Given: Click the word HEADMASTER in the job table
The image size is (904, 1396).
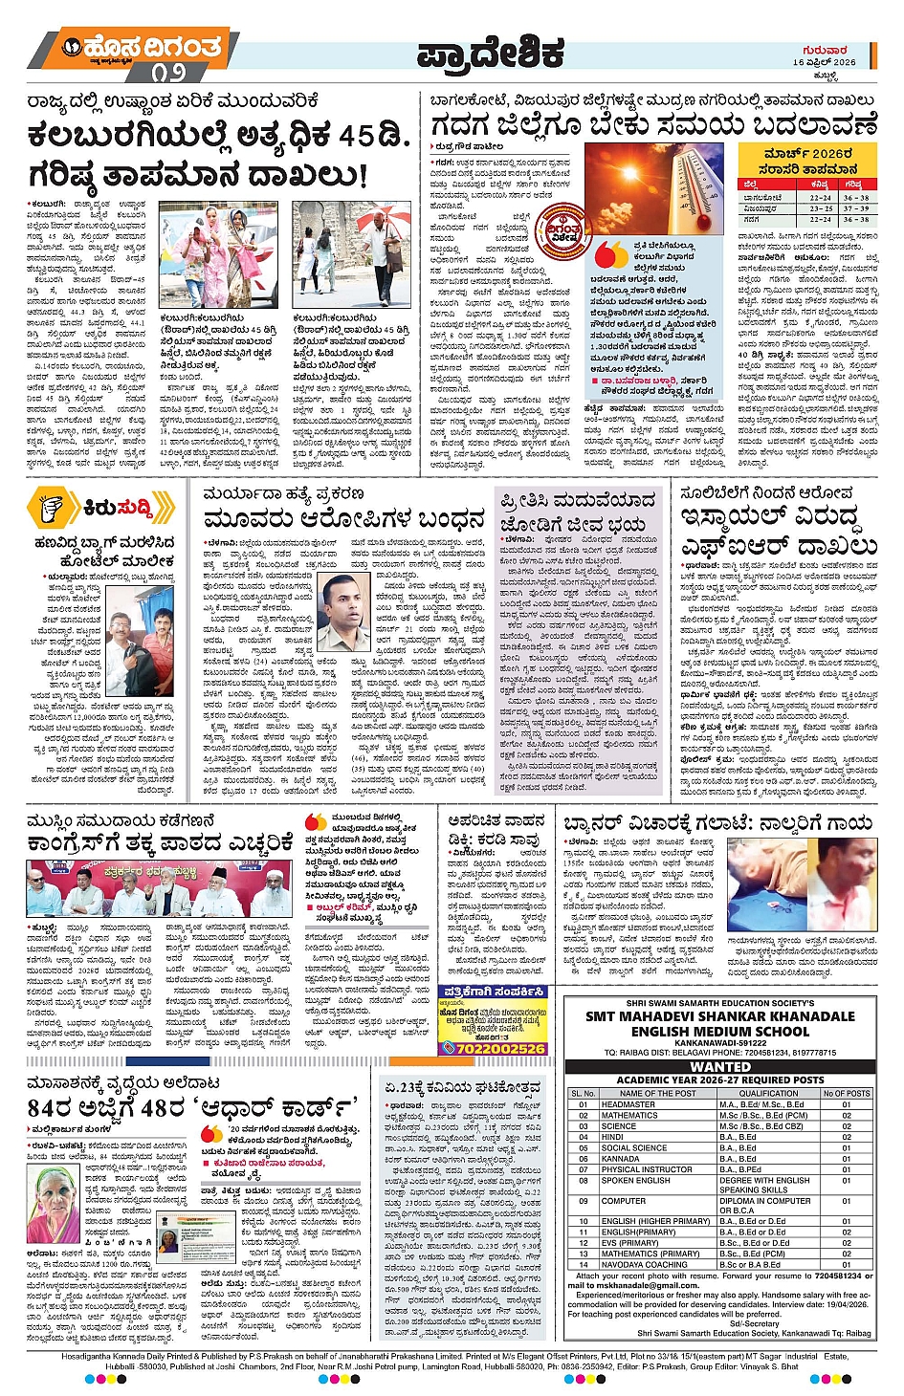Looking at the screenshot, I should pyautogui.click(x=628, y=1104).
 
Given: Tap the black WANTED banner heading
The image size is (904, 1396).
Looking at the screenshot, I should pyautogui.click(x=719, y=1066).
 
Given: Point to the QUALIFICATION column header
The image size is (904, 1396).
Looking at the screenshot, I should pyautogui.click(x=768, y=1093).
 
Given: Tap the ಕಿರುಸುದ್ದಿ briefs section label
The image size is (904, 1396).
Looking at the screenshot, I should pyautogui.click(x=115, y=507).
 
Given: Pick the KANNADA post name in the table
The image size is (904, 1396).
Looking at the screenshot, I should pyautogui.click(x=621, y=1159).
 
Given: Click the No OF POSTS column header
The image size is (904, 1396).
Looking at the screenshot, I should pyautogui.click(x=846, y=1093).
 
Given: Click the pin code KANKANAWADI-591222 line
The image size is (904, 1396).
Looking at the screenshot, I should pyautogui.click(x=719, y=1043).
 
